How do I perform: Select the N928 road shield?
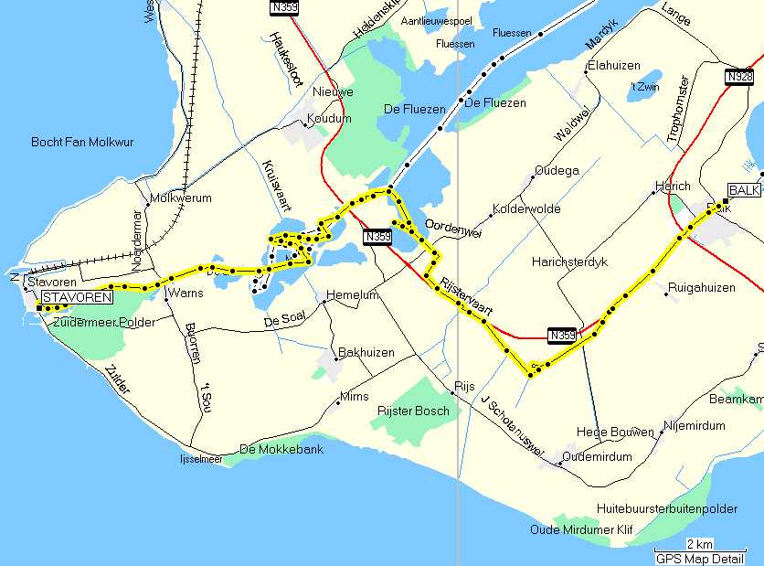coord(739,77)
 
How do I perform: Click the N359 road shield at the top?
coord(285,7)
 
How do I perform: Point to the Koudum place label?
coord(330,119)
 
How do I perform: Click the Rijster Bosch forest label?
coord(413,411)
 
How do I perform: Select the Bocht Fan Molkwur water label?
coord(81,142)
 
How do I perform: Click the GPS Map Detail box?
coord(699,558)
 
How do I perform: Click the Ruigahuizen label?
coord(701,287)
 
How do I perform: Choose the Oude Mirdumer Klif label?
coord(580,529)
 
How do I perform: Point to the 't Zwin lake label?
coord(643,87)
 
